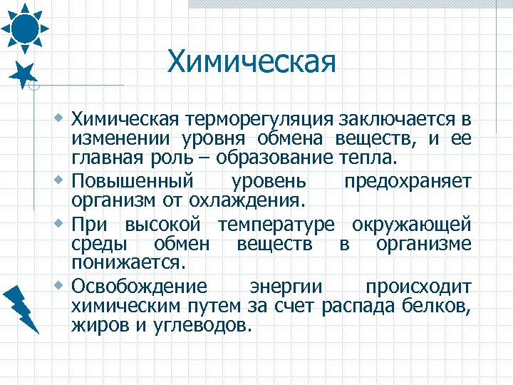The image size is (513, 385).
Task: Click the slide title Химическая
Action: (x=251, y=62)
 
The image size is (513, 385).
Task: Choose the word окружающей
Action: (x=411, y=225)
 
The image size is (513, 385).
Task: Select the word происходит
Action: (x=418, y=287)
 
